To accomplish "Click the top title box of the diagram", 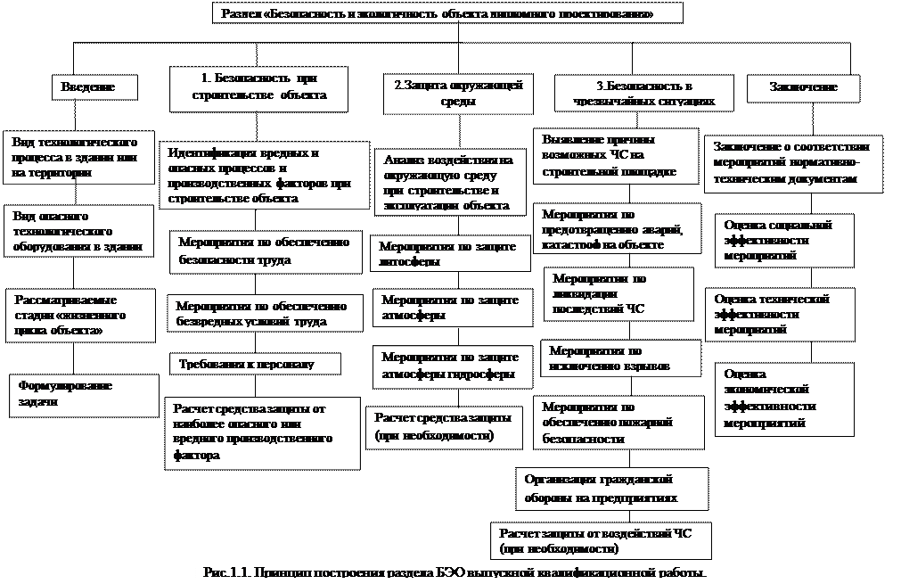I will click(x=447, y=12).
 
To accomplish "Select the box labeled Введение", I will click(x=93, y=86).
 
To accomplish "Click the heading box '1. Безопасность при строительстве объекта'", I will click(x=258, y=87).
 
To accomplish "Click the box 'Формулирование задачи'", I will click(x=84, y=395).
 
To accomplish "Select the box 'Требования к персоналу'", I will click(x=255, y=364).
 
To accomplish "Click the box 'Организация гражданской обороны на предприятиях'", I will click(x=612, y=489).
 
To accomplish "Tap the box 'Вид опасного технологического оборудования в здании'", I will click(x=78, y=232).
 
